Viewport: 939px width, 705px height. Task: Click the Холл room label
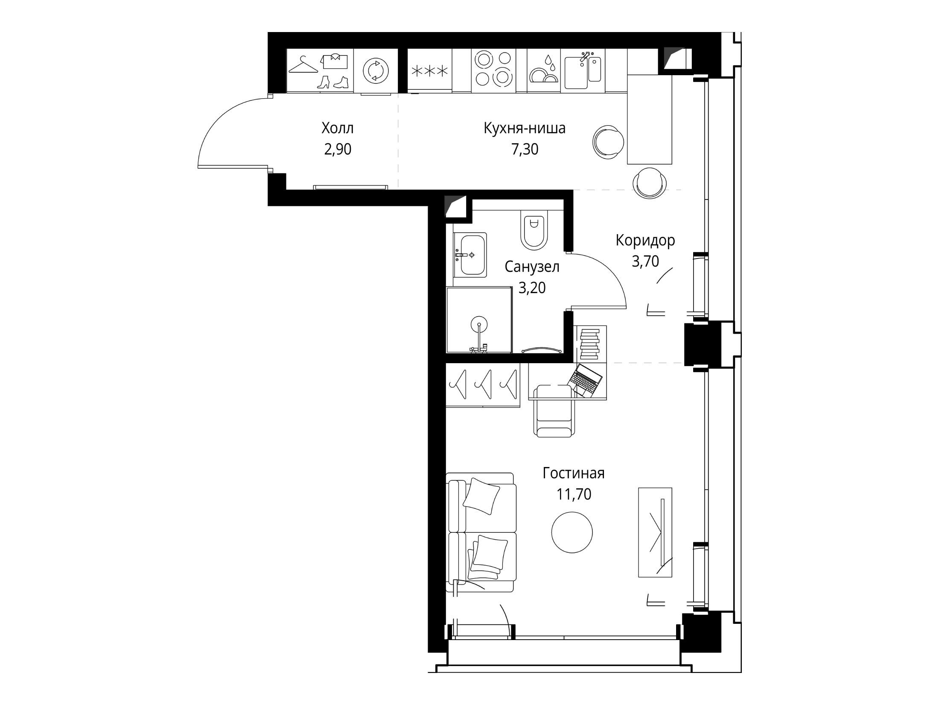coord(338,128)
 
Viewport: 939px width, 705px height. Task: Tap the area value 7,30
coord(525,149)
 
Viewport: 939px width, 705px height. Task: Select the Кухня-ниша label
coord(525,128)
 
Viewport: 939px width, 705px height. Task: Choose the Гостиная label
coord(574,473)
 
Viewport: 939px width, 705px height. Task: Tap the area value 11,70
coord(574,494)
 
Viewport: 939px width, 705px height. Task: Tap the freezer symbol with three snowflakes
coord(429,71)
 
